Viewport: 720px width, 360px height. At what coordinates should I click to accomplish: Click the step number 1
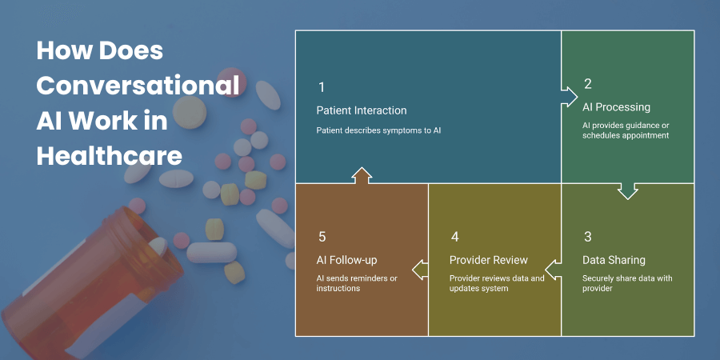[x=321, y=87]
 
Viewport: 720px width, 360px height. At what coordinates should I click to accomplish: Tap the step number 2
[x=588, y=83]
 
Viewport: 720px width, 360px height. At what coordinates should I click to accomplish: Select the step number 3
[x=588, y=237]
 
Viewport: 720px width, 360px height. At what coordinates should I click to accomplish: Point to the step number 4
[x=454, y=237]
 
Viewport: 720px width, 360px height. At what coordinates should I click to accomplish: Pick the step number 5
[x=322, y=237]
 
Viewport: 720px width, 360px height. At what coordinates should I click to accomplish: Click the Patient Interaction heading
[x=362, y=110]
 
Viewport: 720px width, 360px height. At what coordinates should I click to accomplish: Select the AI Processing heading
[x=616, y=107]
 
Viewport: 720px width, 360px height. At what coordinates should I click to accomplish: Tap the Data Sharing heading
[x=614, y=260]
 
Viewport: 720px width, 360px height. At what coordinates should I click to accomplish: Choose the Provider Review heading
[x=489, y=260]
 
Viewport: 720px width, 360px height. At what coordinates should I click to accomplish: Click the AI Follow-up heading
[x=346, y=260]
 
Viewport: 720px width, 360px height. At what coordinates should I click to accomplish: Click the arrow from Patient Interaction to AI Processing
[x=569, y=97]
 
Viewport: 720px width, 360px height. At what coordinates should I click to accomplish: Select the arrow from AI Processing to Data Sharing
[x=628, y=191]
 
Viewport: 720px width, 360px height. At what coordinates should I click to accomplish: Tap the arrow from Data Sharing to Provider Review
[x=553, y=269]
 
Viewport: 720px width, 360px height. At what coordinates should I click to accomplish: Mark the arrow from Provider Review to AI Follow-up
[x=420, y=269]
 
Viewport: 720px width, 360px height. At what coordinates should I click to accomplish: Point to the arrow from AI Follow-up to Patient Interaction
[x=362, y=176]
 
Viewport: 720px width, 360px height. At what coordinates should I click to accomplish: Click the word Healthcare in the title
[x=110, y=157]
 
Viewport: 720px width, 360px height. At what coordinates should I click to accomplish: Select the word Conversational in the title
[x=138, y=86]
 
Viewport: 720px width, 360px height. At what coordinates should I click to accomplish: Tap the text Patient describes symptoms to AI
[x=379, y=130]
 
